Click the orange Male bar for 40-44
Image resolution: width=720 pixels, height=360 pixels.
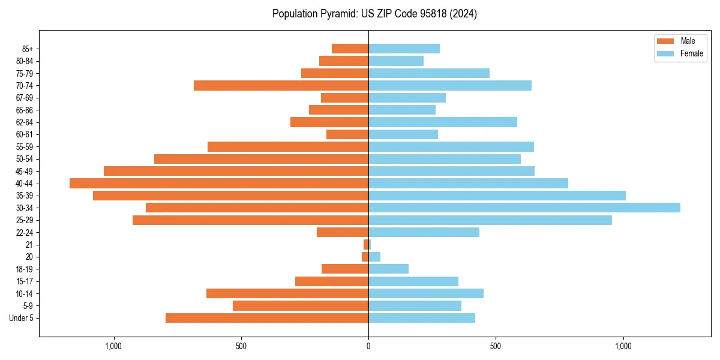219,183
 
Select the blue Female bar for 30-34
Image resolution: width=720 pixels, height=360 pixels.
524,208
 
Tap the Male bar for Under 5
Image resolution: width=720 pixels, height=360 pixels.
267,318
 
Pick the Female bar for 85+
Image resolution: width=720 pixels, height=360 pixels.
404,49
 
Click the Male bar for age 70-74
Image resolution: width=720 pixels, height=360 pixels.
281,85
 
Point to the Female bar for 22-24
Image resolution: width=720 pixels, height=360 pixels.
424,232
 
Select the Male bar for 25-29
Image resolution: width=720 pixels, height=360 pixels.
250,220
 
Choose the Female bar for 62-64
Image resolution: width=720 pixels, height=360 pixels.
442,122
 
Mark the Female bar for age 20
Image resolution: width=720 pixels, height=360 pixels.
374,257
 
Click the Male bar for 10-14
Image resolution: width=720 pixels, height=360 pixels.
287,293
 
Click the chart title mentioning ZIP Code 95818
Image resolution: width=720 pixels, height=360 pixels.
374,14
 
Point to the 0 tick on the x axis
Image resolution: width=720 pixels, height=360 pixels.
368,346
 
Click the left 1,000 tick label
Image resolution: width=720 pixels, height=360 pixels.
113,346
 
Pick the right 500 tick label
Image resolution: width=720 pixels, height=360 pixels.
495,346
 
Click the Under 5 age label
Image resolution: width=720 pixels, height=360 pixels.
22,318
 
